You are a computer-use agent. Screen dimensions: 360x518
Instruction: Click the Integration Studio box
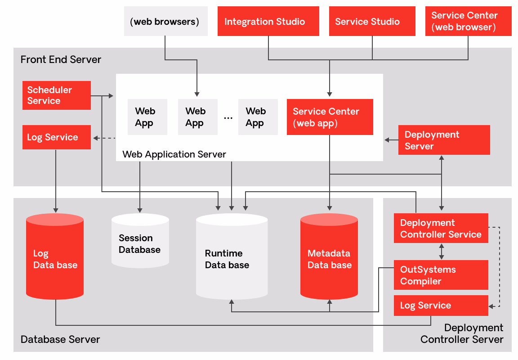(268, 21)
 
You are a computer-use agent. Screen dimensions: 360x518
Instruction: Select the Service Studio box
(372, 21)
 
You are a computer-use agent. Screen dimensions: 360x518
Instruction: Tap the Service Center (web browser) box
(468, 21)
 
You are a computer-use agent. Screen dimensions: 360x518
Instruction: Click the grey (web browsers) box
(165, 21)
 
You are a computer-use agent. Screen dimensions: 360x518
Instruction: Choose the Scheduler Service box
(56, 95)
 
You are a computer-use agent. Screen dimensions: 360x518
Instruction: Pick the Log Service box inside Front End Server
(56, 137)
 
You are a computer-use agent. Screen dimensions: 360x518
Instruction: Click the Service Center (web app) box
(330, 117)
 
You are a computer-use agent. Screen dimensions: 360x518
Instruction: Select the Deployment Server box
(444, 140)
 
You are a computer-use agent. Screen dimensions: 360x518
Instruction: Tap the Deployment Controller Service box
(441, 228)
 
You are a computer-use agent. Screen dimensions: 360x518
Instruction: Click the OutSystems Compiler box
(441, 275)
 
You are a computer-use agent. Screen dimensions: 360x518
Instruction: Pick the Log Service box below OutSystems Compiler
(441, 306)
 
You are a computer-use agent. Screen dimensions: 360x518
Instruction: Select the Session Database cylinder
(140, 243)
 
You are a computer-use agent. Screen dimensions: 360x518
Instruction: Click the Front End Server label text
(61, 59)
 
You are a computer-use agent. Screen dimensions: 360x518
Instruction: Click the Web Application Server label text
(174, 154)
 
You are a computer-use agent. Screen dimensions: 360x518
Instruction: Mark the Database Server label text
(60, 339)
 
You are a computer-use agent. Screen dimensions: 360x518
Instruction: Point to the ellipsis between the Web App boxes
(228, 117)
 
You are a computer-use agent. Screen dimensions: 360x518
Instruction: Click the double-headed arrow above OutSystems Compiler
(442, 251)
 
